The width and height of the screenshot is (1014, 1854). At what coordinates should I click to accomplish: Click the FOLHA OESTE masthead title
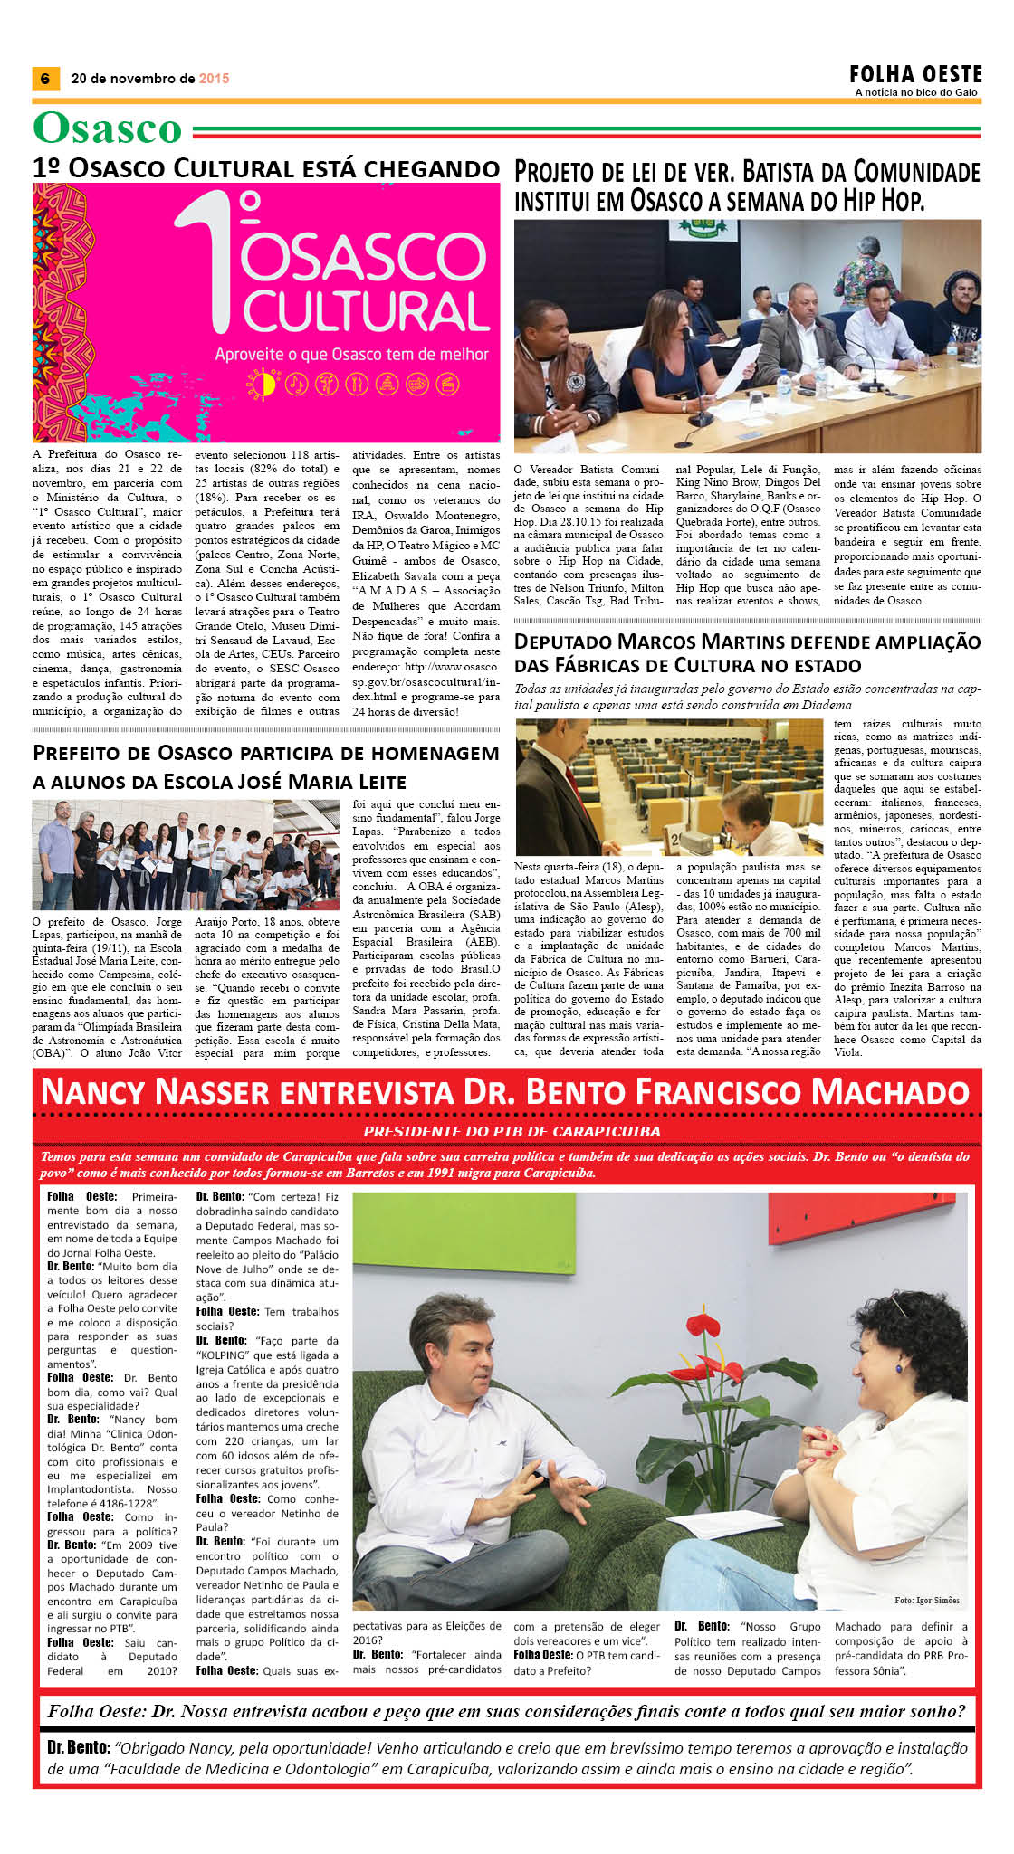click(x=915, y=74)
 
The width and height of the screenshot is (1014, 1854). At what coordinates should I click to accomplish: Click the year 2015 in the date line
click(x=215, y=79)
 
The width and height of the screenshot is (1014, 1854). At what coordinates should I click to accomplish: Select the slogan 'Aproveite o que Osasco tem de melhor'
click(x=351, y=355)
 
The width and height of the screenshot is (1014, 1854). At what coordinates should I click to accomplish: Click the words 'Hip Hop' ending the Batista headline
click(x=875, y=200)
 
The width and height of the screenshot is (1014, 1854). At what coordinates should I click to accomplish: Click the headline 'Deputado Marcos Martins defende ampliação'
click(x=747, y=642)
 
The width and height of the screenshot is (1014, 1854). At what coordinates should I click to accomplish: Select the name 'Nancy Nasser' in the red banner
click(x=155, y=1092)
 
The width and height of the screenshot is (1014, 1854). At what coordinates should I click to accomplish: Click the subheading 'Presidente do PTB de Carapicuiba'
click(x=512, y=1131)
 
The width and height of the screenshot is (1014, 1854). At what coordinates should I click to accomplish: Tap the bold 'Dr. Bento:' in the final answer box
click(x=79, y=1748)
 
